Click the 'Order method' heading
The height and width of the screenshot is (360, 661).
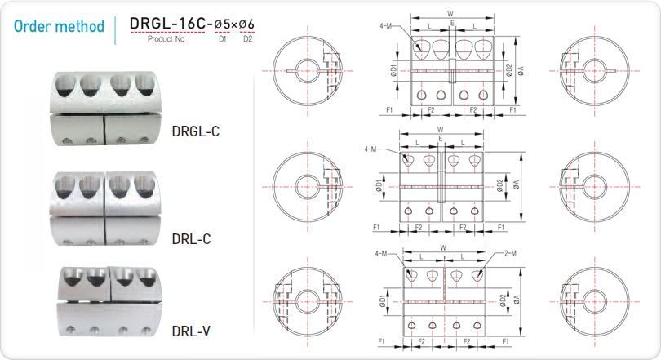[59, 26]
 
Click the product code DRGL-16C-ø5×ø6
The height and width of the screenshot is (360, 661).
[192, 24]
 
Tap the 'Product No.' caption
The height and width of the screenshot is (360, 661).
[166, 39]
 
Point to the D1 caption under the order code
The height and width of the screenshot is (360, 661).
[222, 39]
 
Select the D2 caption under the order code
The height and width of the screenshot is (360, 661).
[247, 39]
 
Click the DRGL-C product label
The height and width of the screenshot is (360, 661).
[196, 131]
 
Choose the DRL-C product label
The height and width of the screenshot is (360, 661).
[191, 239]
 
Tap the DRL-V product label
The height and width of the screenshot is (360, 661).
[190, 331]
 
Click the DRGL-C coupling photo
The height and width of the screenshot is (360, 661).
[105, 109]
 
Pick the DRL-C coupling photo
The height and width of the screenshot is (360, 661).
[104, 208]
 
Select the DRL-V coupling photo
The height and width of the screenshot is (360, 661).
[109, 301]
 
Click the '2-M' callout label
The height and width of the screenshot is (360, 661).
[510, 253]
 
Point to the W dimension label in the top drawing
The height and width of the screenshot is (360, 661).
[450, 14]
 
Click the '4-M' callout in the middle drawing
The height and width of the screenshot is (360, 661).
[370, 149]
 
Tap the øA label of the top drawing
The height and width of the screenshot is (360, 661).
[521, 71]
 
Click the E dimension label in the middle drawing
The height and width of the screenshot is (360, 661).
[441, 139]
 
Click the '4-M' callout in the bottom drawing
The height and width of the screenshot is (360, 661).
[381, 253]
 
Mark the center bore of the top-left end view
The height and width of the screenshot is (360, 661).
[308, 71]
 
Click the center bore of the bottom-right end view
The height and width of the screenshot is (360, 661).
[594, 302]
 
